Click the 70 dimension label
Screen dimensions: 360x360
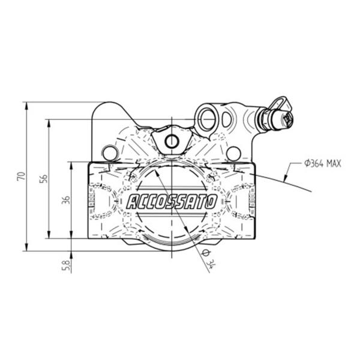click(21, 176)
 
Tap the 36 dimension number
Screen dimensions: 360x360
click(66, 200)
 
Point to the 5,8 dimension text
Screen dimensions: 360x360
click(67, 266)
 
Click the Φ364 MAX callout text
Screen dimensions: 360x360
click(323, 164)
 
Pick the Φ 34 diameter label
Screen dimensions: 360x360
click(208, 259)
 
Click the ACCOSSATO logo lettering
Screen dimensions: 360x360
click(172, 202)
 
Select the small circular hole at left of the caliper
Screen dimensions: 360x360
click(110, 153)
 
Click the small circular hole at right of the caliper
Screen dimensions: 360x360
click(233, 154)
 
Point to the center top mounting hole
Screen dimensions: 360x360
click(171, 142)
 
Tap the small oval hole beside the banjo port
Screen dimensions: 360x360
click(226, 119)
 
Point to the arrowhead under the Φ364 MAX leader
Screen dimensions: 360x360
click(286, 178)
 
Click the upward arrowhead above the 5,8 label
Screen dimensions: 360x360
click(71, 256)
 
